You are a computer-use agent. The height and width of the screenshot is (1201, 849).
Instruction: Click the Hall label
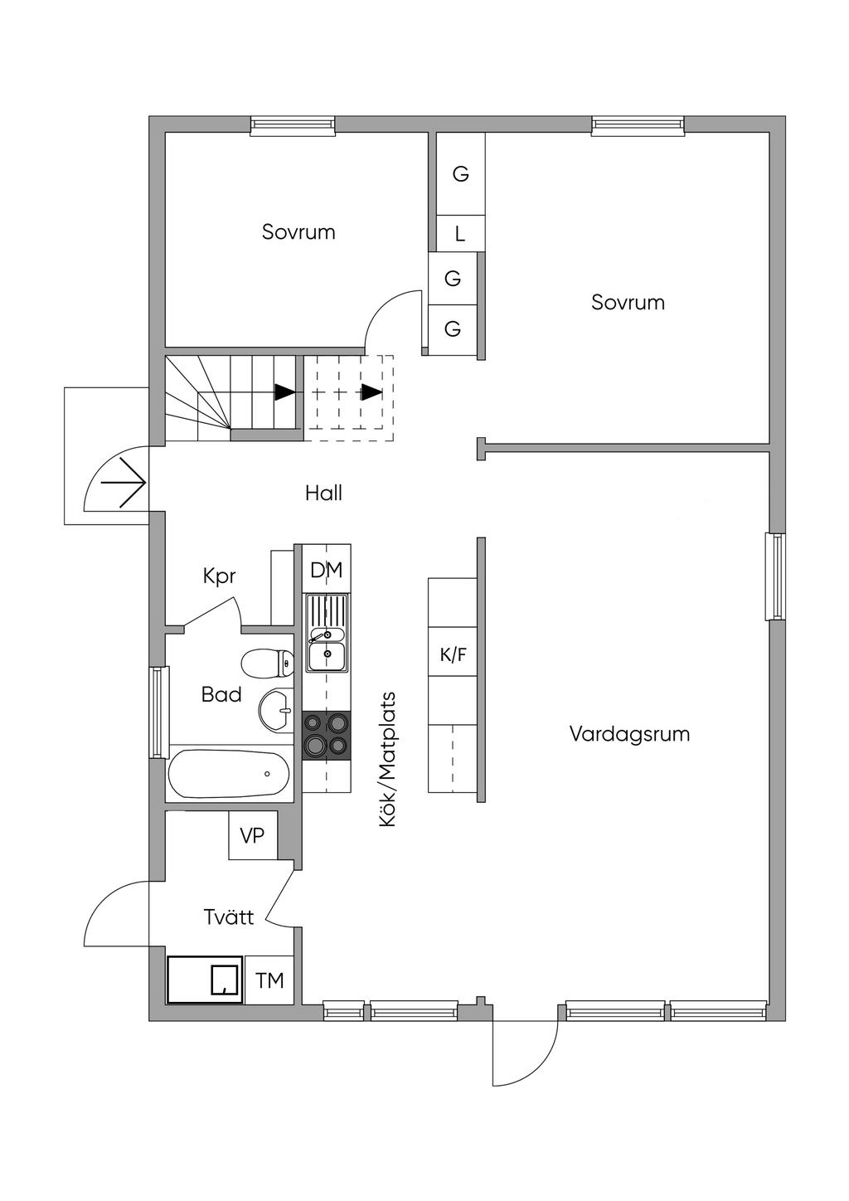click(323, 494)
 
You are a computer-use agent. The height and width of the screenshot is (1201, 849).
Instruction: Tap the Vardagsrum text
click(629, 734)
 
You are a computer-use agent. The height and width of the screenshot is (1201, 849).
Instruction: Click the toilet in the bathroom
click(267, 664)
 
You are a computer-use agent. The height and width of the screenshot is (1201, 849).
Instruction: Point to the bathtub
click(229, 773)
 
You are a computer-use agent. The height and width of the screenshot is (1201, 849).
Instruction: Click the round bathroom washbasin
click(276, 711)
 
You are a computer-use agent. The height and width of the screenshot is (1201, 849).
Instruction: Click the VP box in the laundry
click(253, 835)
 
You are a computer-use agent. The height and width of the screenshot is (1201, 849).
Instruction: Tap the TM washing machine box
click(269, 980)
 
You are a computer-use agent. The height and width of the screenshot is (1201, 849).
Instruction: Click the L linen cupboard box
click(461, 233)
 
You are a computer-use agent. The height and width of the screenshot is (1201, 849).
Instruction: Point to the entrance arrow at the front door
click(124, 483)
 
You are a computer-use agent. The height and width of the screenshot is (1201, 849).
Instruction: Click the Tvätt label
click(229, 917)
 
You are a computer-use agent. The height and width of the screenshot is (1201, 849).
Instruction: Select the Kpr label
click(219, 577)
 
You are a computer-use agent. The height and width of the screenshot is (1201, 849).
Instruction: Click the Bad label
click(221, 695)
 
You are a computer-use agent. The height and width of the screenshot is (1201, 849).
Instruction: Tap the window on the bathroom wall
click(158, 712)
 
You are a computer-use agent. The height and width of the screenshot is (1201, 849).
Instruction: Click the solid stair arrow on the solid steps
click(284, 392)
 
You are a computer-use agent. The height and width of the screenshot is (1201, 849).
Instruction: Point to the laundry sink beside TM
click(204, 980)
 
